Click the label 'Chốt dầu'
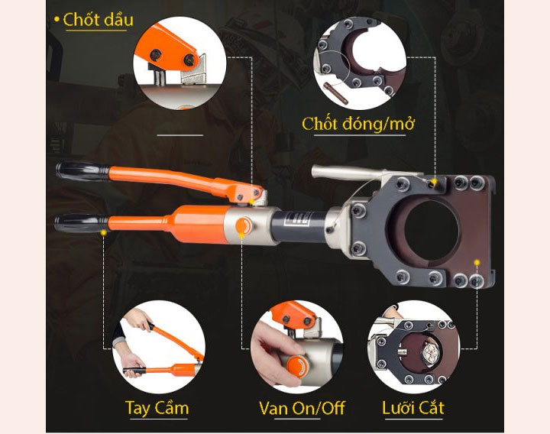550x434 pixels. tap(98, 19)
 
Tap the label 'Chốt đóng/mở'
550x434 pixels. tap(357, 123)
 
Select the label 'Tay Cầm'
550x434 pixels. tap(157, 407)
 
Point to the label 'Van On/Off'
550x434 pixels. tap(302, 407)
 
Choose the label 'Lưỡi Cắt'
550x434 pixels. tap(412, 407)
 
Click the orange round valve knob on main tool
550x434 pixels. tap(244, 227)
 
